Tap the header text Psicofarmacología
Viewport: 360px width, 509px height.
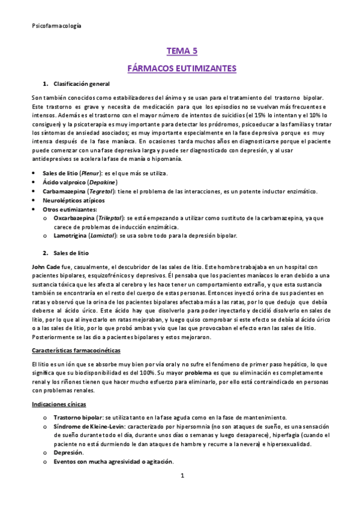[56, 26]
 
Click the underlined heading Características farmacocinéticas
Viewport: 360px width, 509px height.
[76, 349]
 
